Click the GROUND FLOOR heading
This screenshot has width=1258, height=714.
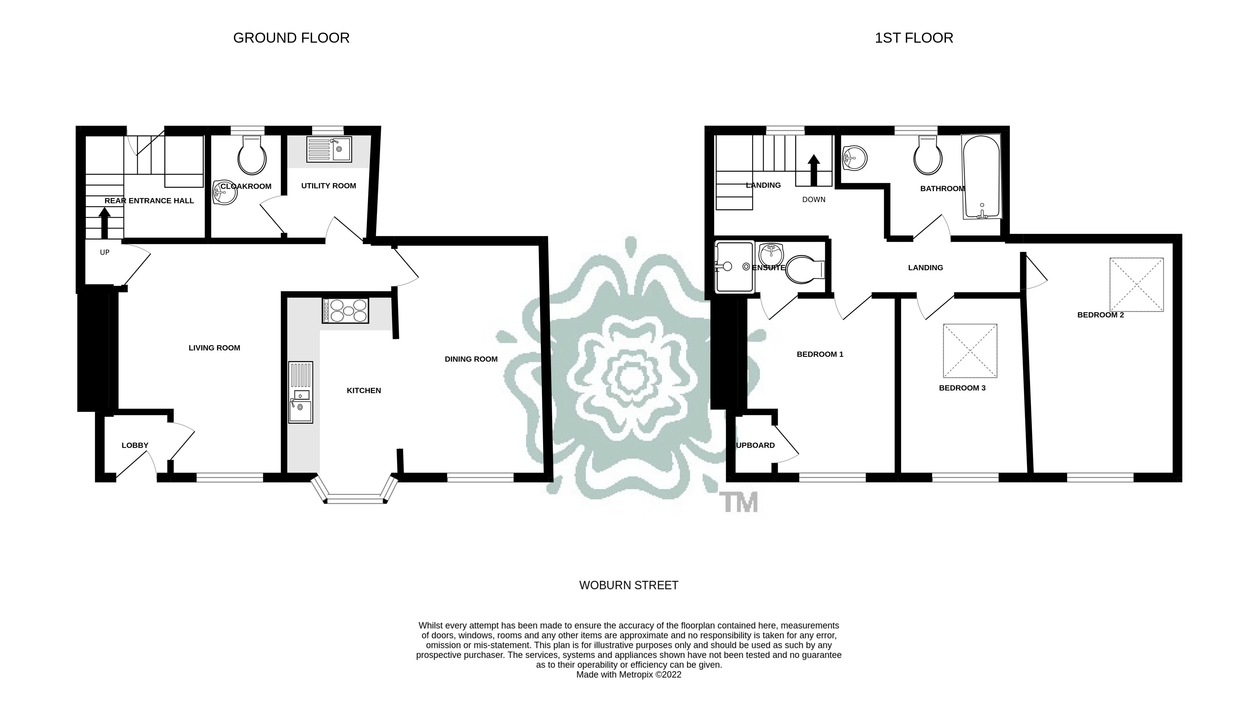click(x=291, y=38)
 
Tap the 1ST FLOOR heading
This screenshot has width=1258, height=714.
click(x=914, y=38)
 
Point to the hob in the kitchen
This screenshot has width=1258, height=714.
click(x=345, y=311)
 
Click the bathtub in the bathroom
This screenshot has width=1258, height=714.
click(x=981, y=176)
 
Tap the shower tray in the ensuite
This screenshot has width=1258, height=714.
click(x=734, y=267)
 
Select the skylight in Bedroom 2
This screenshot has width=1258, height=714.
click(x=1136, y=284)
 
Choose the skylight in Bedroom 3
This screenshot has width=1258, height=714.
click(x=970, y=351)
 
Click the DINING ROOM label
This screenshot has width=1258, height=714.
click(x=471, y=359)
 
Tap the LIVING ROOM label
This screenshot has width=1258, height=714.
click(x=214, y=348)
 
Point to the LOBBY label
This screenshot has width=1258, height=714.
click(x=135, y=445)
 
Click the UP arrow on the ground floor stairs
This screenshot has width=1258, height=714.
click(x=104, y=223)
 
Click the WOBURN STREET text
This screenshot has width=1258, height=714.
click(x=629, y=585)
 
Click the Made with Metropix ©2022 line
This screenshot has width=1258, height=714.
click(x=629, y=675)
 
